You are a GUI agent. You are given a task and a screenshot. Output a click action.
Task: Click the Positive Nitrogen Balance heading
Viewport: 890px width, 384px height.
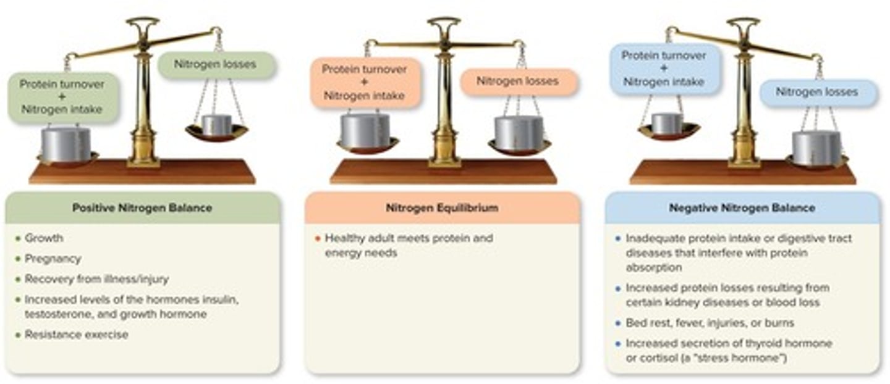(142, 208)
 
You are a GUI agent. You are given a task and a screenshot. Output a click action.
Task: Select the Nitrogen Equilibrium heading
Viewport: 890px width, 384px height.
(442, 208)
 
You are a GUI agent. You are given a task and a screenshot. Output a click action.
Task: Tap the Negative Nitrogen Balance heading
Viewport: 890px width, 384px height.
(742, 208)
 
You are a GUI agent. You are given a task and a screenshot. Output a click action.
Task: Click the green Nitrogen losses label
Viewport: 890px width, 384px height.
(215, 64)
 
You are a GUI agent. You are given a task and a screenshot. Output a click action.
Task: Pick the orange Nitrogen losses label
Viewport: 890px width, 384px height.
(517, 81)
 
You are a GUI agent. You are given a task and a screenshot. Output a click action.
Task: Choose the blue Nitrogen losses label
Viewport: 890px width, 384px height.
(817, 92)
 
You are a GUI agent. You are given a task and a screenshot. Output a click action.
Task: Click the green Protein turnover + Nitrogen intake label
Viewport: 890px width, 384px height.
(62, 97)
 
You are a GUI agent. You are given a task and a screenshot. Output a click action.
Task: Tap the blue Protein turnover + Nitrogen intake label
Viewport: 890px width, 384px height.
(664, 68)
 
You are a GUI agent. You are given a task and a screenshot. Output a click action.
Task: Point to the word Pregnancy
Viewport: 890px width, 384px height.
(53, 259)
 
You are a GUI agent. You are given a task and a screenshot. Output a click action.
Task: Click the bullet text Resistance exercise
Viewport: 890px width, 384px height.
(76, 335)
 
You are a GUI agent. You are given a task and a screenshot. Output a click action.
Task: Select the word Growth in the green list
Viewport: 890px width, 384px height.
(44, 238)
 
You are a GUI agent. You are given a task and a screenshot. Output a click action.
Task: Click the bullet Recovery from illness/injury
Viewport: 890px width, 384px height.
(96, 279)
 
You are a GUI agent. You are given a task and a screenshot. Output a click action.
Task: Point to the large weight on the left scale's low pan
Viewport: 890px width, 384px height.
(66, 143)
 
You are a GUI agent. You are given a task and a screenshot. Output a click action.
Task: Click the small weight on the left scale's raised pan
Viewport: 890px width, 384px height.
(217, 124)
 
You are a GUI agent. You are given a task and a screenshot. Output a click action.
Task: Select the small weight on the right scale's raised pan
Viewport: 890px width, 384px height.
(667, 123)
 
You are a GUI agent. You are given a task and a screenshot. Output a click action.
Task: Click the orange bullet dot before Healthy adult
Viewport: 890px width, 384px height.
(318, 238)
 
